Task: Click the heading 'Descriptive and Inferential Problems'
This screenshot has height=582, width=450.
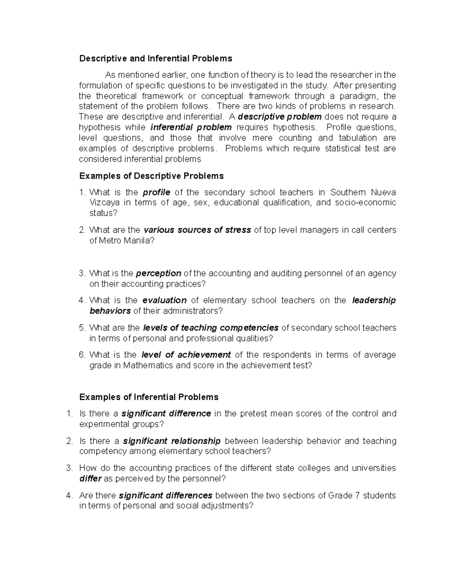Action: point(156,58)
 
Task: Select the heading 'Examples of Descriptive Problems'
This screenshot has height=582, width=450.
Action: point(151,176)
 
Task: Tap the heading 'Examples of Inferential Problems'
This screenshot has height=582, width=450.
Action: point(149,397)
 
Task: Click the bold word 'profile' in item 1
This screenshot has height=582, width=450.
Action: point(156,193)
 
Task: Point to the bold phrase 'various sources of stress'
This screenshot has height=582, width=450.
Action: point(197,230)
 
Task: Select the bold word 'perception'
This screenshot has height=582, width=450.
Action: point(159,273)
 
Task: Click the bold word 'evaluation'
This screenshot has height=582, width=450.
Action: point(165,300)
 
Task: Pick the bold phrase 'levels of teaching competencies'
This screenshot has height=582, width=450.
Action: point(211,328)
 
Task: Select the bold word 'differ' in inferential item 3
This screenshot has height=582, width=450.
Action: point(90,479)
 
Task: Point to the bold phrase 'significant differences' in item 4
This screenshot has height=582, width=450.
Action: point(165,495)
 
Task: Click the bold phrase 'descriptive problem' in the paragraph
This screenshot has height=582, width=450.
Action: point(280,117)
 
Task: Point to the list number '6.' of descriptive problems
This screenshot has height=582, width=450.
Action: point(82,355)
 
